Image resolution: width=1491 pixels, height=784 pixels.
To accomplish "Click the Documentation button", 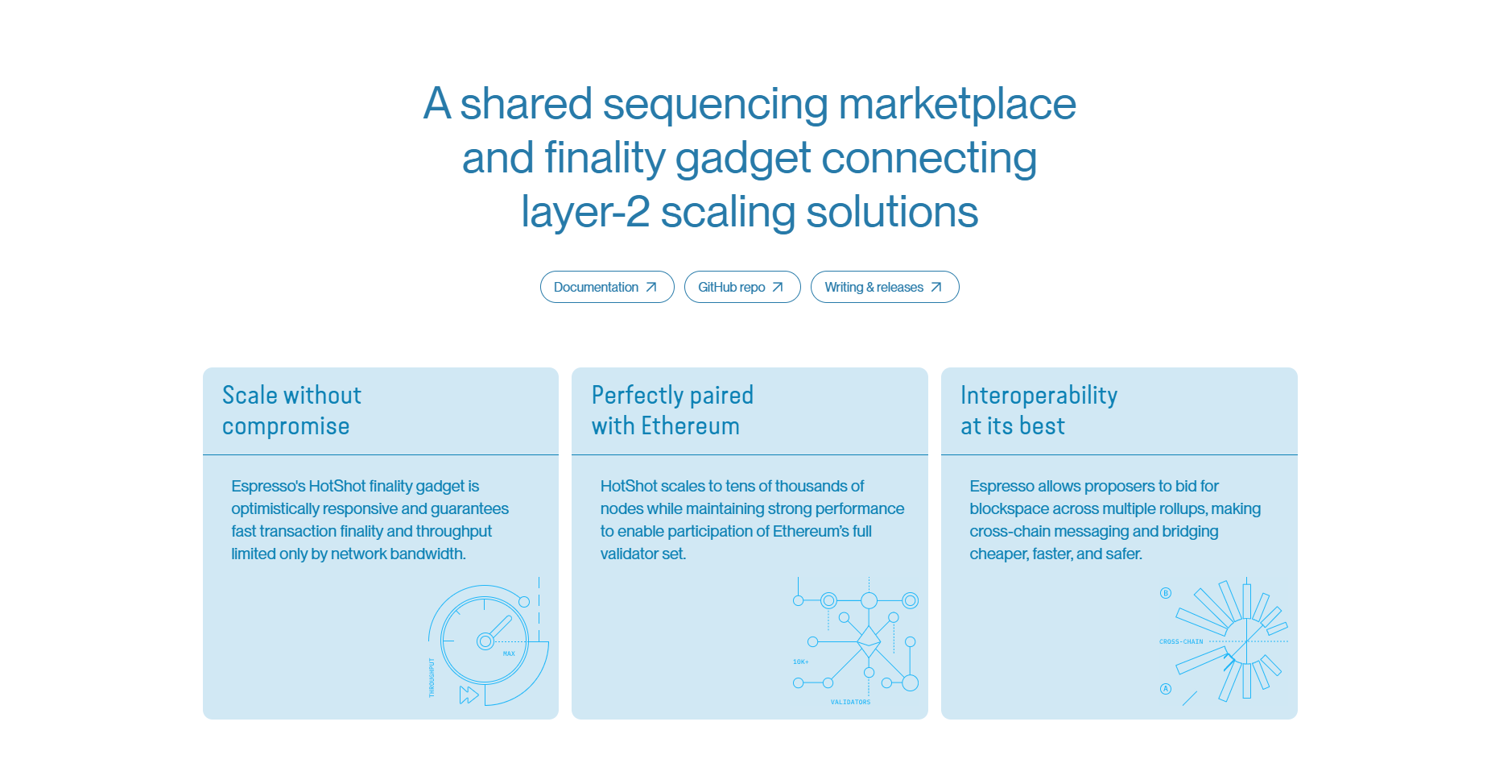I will tap(606, 287).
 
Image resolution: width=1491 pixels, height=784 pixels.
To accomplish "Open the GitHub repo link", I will tap(741, 287).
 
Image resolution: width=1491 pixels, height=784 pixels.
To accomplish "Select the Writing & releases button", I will tap(884, 287).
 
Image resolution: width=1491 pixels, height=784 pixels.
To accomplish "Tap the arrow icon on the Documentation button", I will tap(651, 287).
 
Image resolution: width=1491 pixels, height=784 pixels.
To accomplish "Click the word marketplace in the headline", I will tap(956, 105).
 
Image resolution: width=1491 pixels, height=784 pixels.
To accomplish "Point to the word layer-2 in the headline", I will tap(585, 213).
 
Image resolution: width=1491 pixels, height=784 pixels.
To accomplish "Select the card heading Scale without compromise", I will tap(291, 410).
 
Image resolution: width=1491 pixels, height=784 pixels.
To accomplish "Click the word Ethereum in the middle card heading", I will tap(690, 426).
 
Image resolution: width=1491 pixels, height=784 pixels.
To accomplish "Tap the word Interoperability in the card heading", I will tap(1039, 396).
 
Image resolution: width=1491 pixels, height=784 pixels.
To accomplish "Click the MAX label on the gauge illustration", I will tap(509, 653).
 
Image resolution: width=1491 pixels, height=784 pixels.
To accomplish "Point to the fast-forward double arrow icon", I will tap(469, 695).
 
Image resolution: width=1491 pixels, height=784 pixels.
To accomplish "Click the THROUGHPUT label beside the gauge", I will tap(432, 677).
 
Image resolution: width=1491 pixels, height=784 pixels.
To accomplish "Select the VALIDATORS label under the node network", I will tap(850, 702).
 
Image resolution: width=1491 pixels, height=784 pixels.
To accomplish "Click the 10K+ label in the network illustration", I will tap(800, 662).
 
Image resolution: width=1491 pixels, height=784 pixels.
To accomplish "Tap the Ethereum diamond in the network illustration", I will tap(869, 642).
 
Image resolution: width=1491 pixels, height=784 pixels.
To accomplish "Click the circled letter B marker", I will tap(1165, 593).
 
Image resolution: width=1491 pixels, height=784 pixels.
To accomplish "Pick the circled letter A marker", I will tap(1165, 689).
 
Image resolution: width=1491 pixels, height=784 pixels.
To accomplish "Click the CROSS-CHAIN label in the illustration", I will tap(1181, 642).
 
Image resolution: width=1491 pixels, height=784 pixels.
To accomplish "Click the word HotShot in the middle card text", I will tap(629, 486).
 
